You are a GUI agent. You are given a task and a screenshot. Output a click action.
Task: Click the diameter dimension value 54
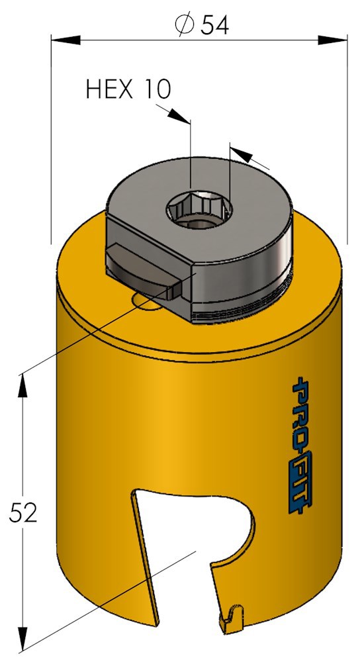(x=214, y=26)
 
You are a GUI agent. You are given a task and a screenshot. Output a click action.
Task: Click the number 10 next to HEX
(x=157, y=89)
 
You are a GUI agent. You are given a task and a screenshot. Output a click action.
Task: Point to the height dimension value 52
(x=24, y=512)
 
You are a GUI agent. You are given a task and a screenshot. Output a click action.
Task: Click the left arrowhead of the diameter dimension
(x=66, y=40)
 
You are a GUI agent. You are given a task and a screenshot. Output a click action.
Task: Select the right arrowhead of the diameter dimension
(x=333, y=40)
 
